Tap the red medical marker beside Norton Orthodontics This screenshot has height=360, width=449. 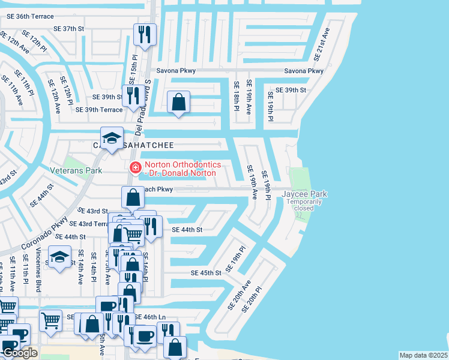pyautogui.click(x=135, y=167)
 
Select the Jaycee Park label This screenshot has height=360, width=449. pyautogui.click(x=305, y=194)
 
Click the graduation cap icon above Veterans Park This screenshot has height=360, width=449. pyautogui.click(x=111, y=138)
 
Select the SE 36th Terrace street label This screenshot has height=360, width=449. pyautogui.click(x=28, y=16)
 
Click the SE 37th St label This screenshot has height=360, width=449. pyautogui.click(x=68, y=28)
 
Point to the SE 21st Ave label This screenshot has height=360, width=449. pyautogui.click(x=322, y=44)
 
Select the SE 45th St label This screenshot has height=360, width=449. pyautogui.click(x=206, y=272)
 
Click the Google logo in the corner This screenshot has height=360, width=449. pyautogui.click(x=20, y=353)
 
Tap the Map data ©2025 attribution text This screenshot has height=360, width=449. pyautogui.click(x=423, y=355)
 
